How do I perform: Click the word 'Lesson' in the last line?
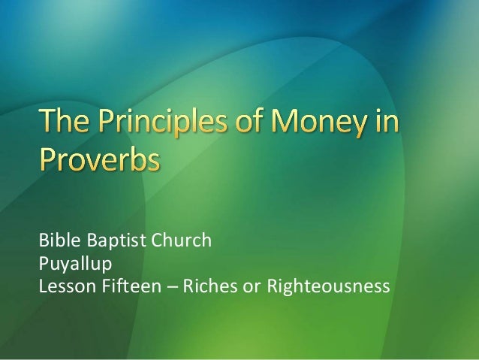[65, 286]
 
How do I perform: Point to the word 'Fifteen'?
[123, 286]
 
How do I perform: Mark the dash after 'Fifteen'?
[160, 286]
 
